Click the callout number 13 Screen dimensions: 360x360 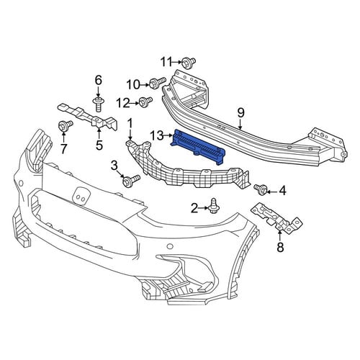157,136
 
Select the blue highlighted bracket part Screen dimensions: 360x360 198,147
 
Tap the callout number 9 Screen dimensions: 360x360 240,113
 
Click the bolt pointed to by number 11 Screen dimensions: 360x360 188,63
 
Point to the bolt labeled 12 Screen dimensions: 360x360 145,102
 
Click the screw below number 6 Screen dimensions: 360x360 98,104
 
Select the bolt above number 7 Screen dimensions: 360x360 65,125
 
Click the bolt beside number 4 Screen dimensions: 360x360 260,189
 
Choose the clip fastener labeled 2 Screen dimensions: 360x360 213,206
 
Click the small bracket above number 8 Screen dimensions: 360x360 276,218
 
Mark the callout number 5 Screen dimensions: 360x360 99,145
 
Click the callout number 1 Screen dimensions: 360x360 130,123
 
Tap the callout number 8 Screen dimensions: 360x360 280,247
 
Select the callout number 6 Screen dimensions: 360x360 99,80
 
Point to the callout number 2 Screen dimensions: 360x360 194,208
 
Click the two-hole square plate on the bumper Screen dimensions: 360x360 81,196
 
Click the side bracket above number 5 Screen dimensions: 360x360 89,117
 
